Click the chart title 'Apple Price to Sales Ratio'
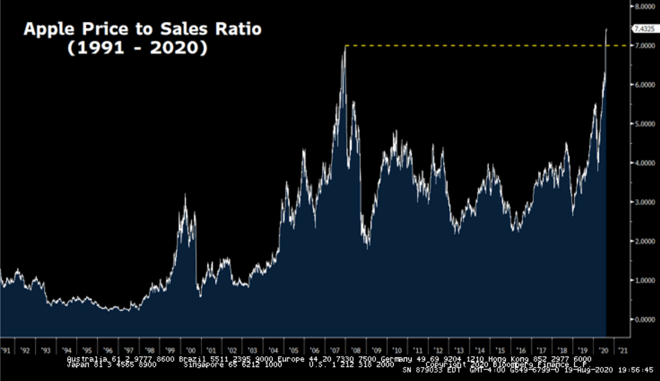pos(142,29)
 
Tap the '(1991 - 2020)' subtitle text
pos(137,48)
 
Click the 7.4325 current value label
pos(643,27)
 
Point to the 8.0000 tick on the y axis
pos(643,6)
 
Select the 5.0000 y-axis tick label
pos(643,123)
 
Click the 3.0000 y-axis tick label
pos(643,202)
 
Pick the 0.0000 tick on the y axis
pos(643,319)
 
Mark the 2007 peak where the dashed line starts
pos(345,47)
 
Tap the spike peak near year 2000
pos(186,194)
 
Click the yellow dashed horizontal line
pos(477,45)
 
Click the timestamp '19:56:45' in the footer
pos(634,370)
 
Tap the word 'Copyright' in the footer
pos(445,364)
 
